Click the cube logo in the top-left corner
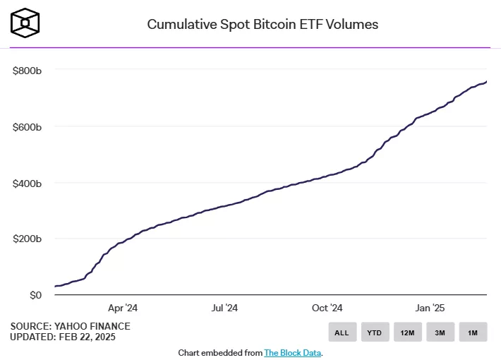(x=25, y=23)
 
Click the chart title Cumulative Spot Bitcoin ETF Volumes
(x=262, y=24)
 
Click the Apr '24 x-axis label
(x=123, y=308)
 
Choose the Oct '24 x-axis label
(x=327, y=308)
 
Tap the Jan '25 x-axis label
(x=430, y=308)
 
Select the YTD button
(x=375, y=332)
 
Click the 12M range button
(x=407, y=332)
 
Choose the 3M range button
(x=440, y=332)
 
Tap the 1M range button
(x=472, y=332)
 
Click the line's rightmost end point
(x=486, y=81)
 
